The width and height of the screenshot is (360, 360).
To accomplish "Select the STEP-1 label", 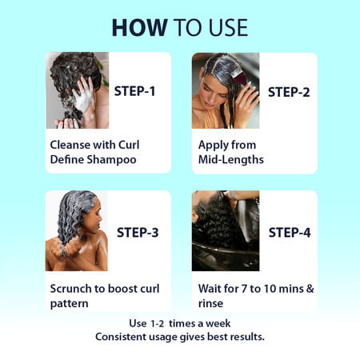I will point(135,91).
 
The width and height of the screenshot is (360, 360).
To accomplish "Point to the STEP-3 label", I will point(138,233).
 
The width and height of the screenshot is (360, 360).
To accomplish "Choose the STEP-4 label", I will point(289,233).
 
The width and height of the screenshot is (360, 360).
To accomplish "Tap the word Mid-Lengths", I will point(231,159).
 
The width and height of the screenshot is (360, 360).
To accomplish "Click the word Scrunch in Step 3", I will point(71,288).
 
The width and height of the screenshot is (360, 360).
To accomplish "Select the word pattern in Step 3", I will point(69,303).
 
